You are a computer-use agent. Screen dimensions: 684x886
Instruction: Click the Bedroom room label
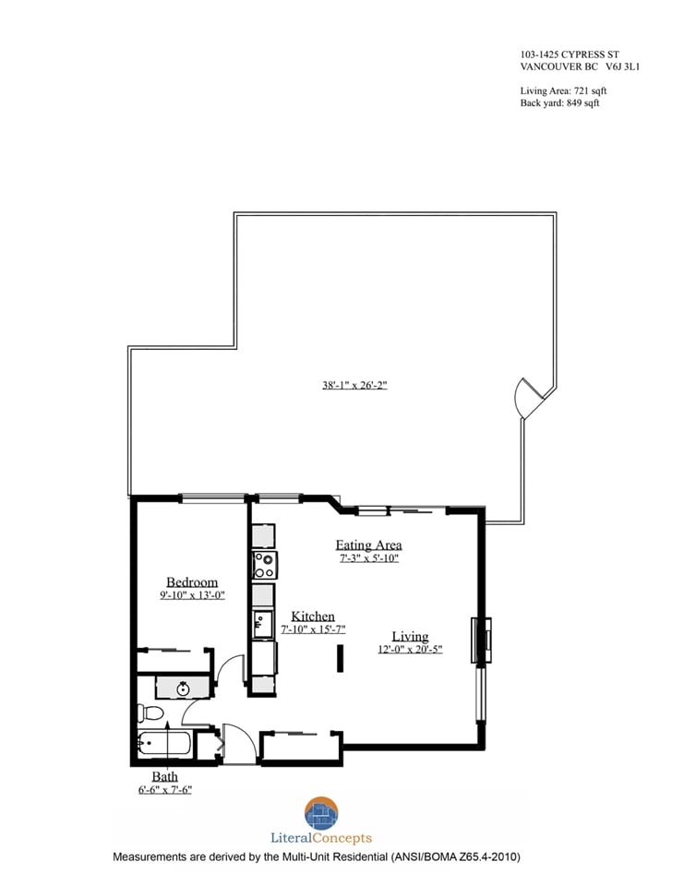192,582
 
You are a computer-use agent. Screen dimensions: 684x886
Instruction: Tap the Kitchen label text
313,616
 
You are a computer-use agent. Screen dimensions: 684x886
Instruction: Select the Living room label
410,637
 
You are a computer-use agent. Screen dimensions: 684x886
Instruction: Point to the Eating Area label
368,545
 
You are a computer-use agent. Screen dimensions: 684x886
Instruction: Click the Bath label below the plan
164,777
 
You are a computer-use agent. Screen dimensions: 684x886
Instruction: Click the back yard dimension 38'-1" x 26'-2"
354,386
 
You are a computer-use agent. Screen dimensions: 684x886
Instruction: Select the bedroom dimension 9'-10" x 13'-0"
192,595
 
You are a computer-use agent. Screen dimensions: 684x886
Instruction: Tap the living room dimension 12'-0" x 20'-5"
410,649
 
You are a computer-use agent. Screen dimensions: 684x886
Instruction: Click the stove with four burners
264,566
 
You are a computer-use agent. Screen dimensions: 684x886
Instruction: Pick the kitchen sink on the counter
262,624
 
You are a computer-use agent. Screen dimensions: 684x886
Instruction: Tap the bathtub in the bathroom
164,744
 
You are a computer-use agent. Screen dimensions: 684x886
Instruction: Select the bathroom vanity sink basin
183,688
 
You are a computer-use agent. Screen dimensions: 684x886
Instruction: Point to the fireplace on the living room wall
481,641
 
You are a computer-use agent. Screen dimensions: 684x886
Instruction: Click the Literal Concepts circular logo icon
321,812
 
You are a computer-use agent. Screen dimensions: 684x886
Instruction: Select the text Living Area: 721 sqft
564,90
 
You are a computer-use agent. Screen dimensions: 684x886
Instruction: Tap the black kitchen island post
340,658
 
